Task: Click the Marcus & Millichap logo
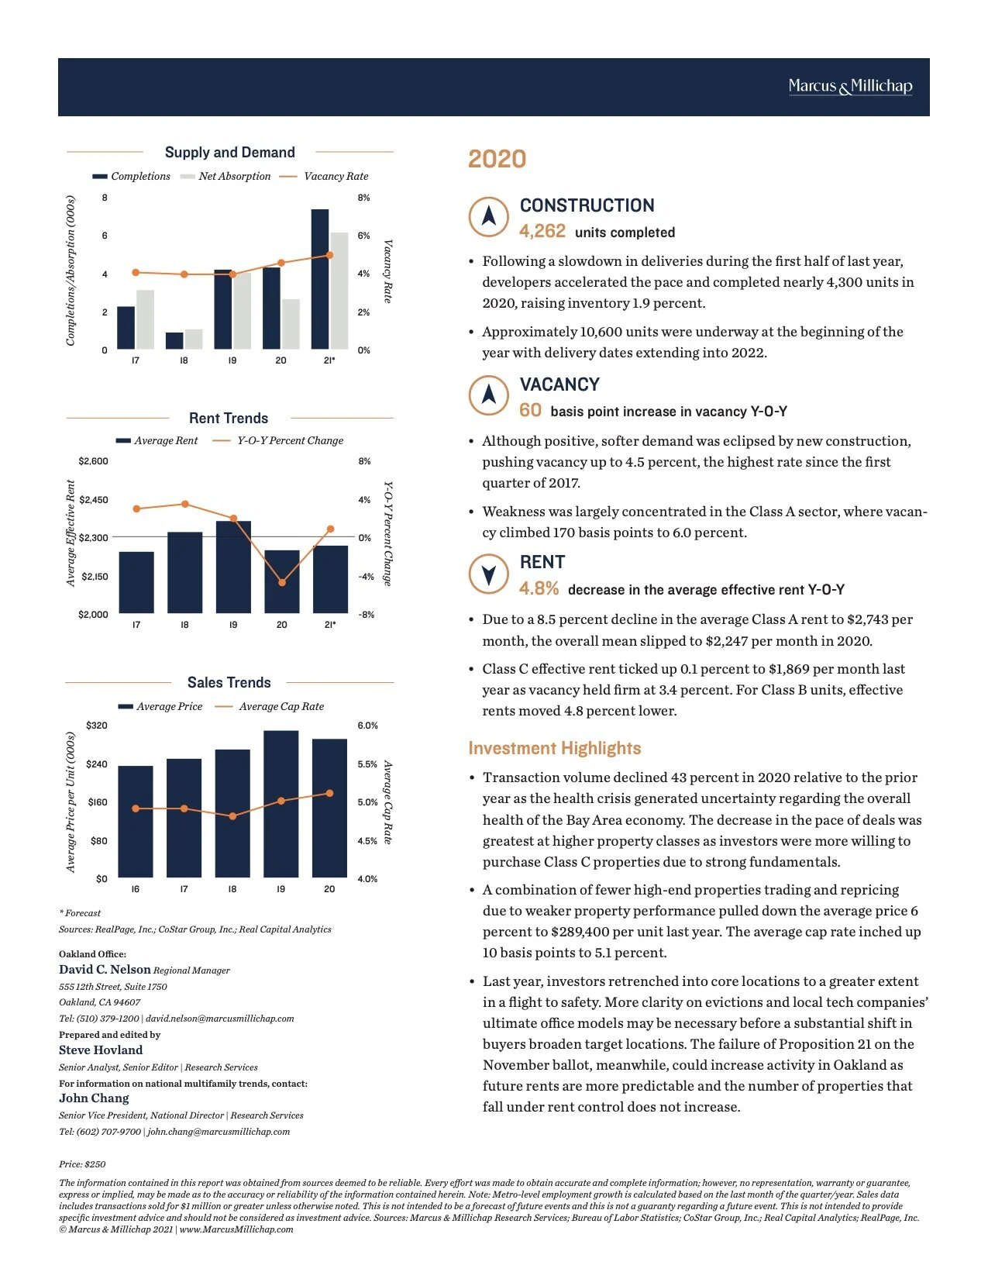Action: click(850, 86)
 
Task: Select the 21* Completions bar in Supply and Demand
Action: click(320, 279)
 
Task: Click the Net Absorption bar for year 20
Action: click(291, 324)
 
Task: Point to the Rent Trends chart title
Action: click(229, 419)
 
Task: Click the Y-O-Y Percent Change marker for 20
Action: click(282, 582)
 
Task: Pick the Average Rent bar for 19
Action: click(233, 567)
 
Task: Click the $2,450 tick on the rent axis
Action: click(94, 500)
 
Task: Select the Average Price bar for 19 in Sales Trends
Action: click(281, 804)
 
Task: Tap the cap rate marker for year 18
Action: click(232, 816)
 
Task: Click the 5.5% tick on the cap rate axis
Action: click(367, 764)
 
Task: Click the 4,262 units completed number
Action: click(542, 232)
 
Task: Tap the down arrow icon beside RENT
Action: click(489, 574)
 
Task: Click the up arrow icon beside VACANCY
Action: click(489, 395)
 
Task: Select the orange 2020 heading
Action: click(497, 160)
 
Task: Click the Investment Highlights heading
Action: click(555, 749)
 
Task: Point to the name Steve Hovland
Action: click(101, 1050)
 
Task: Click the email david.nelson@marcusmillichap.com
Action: click(220, 1019)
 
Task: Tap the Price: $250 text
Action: click(82, 1164)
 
